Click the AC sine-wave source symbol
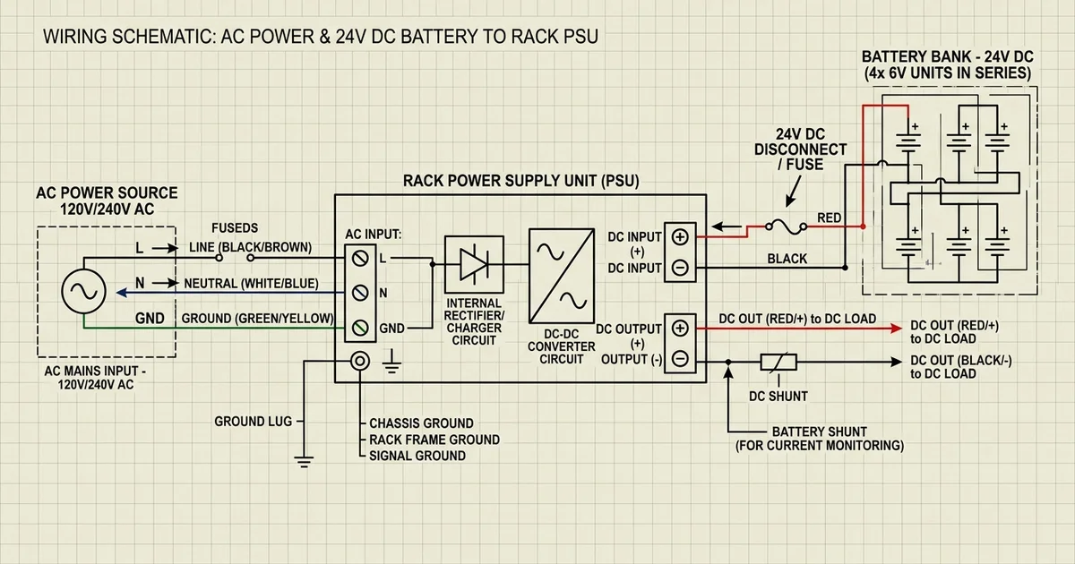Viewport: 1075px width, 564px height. click(83, 291)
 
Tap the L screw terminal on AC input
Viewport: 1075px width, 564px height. click(360, 259)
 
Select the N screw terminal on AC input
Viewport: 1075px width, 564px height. click(360, 293)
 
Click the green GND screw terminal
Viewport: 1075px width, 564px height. click(360, 328)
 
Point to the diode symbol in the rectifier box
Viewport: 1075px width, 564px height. click(474, 264)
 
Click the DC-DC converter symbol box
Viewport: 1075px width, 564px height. click(562, 276)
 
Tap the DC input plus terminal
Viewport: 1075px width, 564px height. click(680, 237)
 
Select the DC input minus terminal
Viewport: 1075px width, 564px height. click(680, 267)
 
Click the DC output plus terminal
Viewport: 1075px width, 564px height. click(680, 329)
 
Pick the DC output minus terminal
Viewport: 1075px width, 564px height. click(680, 359)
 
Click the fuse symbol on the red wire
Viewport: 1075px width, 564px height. click(787, 226)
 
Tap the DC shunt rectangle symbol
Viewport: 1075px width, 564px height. click(778, 362)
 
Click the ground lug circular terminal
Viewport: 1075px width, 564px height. click(360, 361)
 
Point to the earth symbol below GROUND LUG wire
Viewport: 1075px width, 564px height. click(304, 462)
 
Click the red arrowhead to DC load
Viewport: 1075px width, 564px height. click(896, 329)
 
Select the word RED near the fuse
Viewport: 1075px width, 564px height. click(829, 218)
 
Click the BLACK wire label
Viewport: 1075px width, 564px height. click(787, 259)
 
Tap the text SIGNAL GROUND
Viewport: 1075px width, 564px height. click(417, 456)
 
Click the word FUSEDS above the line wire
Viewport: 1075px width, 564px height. click(235, 227)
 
